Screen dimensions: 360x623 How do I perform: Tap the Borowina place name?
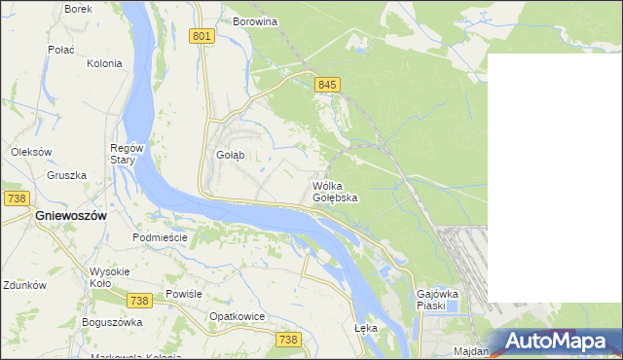255,20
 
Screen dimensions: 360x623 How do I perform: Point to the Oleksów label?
30,152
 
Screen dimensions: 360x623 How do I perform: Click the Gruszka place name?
66,176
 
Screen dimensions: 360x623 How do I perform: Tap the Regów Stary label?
127,154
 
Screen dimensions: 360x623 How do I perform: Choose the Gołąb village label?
229,155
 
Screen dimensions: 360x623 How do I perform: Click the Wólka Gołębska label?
335,191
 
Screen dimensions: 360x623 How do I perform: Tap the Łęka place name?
366,328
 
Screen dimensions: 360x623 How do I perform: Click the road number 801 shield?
202,37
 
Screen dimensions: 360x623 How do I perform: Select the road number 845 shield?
327,86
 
